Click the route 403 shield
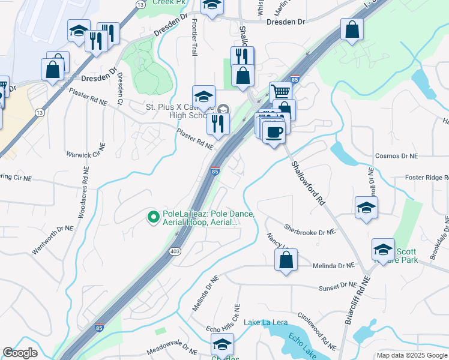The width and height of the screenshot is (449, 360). point(175,251)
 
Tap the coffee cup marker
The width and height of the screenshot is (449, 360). point(274,132)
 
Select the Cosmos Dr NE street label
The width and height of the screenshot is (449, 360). point(395,156)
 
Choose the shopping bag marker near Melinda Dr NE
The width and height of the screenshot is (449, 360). point(285,260)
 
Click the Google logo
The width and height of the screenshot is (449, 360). point(20,353)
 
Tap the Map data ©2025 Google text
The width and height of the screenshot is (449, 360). point(411,356)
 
